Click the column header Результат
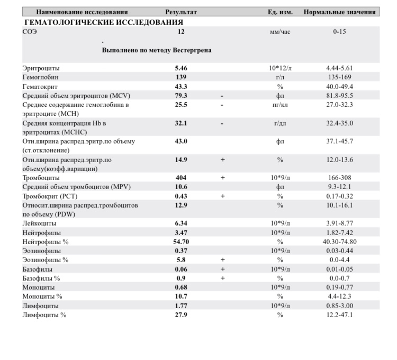(x=181, y=12)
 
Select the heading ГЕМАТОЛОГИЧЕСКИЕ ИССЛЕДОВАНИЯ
(x=104, y=22)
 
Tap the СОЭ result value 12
(x=181, y=32)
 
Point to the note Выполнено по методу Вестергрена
(x=157, y=50)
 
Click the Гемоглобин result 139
(x=181, y=77)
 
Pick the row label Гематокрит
(x=40, y=86)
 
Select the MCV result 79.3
(x=181, y=96)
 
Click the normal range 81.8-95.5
(x=340, y=96)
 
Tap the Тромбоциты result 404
(x=181, y=178)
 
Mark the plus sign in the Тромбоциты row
(x=223, y=178)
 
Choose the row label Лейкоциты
(x=40, y=223)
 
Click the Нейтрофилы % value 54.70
(x=181, y=241)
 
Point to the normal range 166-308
(x=340, y=178)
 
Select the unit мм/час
(x=280, y=32)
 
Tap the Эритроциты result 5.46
(x=181, y=68)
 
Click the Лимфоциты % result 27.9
(x=181, y=314)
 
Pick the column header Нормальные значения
(x=340, y=12)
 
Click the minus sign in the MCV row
(x=223, y=96)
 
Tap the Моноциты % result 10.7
(x=181, y=296)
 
